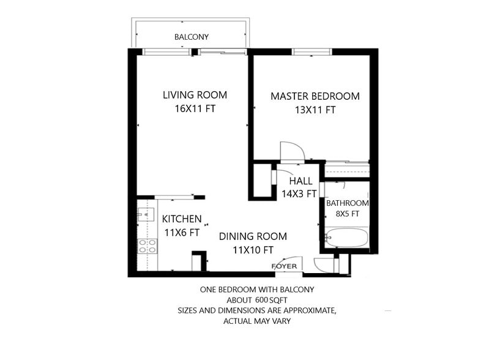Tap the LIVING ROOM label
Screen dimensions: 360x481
(x=195, y=95)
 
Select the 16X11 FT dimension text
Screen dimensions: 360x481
(x=195, y=109)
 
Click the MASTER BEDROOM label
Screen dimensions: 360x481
(x=315, y=97)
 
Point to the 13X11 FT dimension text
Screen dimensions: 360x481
(x=315, y=111)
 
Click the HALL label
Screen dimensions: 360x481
(x=300, y=181)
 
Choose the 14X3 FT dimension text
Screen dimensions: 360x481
(x=298, y=194)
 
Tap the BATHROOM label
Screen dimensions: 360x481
(x=347, y=203)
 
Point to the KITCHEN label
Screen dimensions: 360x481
(x=181, y=219)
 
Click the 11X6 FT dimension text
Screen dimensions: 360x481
(x=181, y=233)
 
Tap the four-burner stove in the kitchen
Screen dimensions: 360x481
(x=147, y=246)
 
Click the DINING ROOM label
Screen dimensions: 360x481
(x=253, y=236)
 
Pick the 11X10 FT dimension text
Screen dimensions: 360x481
(x=253, y=250)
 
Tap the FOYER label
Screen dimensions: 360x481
(x=284, y=266)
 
